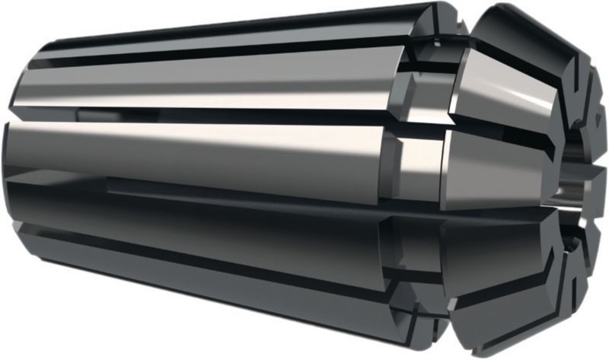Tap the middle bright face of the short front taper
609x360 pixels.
click(502, 167)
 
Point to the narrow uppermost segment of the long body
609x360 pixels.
click(228, 38)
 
